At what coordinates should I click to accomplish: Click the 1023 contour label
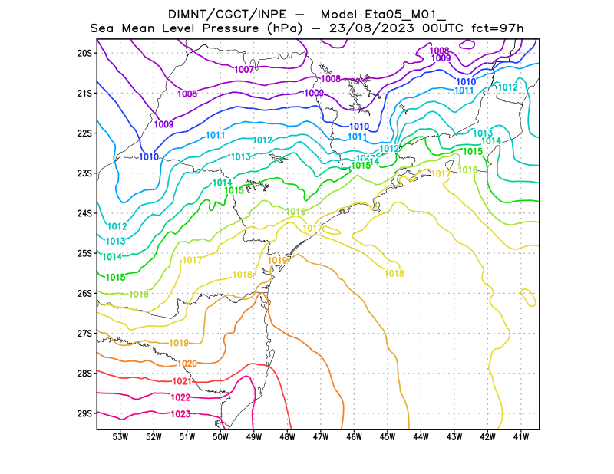tap(180, 414)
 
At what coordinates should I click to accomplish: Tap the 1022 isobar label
tap(180, 397)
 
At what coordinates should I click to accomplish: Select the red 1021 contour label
tap(182, 381)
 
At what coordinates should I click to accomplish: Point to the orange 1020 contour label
tap(187, 364)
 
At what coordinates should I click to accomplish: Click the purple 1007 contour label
tap(244, 70)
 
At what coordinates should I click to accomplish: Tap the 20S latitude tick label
tap(84, 53)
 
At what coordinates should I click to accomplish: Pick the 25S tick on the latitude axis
tap(84, 253)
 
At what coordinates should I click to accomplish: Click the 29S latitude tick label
tap(84, 413)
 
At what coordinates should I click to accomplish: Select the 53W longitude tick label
tap(120, 437)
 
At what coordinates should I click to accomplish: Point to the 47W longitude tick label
tap(321, 437)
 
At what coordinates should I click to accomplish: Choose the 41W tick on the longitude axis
tap(521, 437)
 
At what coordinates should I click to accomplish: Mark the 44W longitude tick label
tap(421, 437)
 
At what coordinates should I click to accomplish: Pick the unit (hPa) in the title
tap(285, 28)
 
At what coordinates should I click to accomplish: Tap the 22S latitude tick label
tap(84, 133)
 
